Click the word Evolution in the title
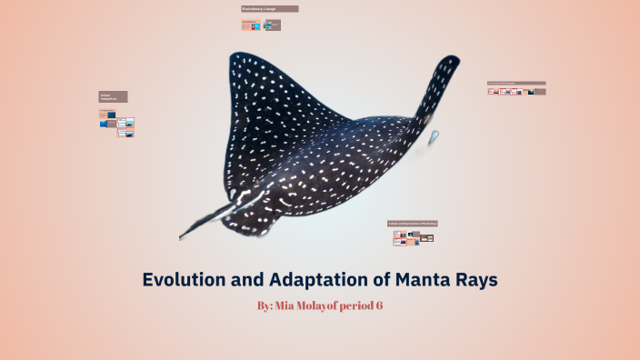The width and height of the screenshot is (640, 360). pyautogui.click(x=187, y=280)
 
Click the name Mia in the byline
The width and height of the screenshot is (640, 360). pyautogui.click(x=293, y=306)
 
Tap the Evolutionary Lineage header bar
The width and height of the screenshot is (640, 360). pyautogui.click(x=269, y=9)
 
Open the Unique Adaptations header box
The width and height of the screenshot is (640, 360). pyautogui.click(x=113, y=96)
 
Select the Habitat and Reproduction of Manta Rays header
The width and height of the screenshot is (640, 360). pyautogui.click(x=413, y=223)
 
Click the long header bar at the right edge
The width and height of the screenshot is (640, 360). pyautogui.click(x=515, y=84)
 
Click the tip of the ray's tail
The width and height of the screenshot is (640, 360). pyautogui.click(x=181, y=238)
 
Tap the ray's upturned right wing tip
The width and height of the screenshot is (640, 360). pyautogui.click(x=448, y=62)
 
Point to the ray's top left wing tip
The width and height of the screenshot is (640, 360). pyautogui.click(x=234, y=56)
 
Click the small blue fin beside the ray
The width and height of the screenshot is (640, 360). pyautogui.click(x=434, y=137)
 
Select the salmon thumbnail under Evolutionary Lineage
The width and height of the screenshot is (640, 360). pyautogui.click(x=246, y=25)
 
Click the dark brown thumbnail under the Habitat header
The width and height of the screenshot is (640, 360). pyautogui.click(x=425, y=238)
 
